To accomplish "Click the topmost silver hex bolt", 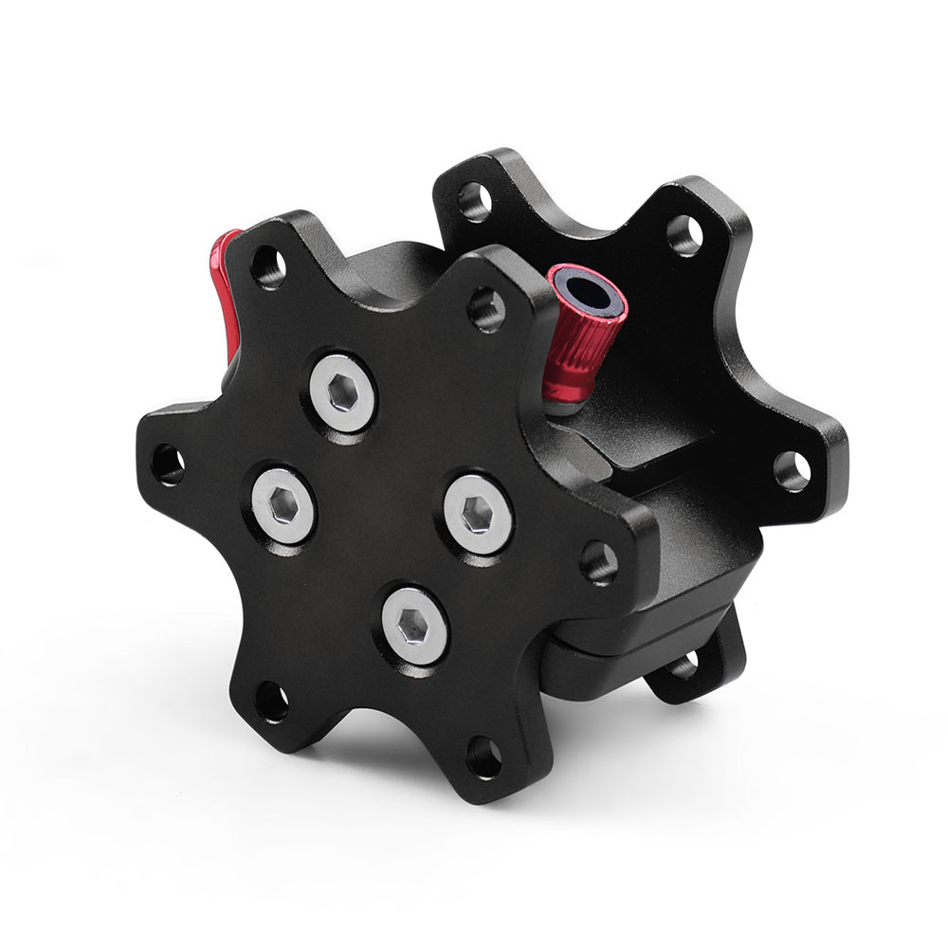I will point(341,392).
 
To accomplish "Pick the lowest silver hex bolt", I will point(415,623).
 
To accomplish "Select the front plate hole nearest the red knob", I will point(486,308).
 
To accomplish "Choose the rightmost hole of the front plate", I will point(597,562).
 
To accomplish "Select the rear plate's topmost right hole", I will point(684,234).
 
